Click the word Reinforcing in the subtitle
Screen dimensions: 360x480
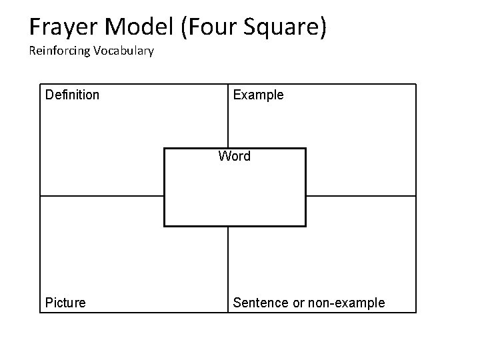pyautogui.click(x=59, y=51)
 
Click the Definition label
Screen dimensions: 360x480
pyautogui.click(x=72, y=95)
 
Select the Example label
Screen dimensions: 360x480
pyautogui.click(x=258, y=95)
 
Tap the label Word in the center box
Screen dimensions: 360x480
pyautogui.click(x=235, y=157)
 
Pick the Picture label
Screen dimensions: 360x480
pyautogui.click(x=65, y=303)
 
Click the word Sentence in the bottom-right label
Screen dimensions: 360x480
pyautogui.click(x=260, y=303)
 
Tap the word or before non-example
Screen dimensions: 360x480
pyautogui.click(x=299, y=303)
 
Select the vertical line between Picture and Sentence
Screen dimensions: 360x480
pyautogui.click(x=229, y=267)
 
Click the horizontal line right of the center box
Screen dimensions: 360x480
pyautogui.click(x=360, y=196)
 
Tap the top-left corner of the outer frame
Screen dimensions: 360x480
pyautogui.click(x=41, y=84)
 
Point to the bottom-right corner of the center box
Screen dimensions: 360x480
pyautogui.click(x=305, y=226)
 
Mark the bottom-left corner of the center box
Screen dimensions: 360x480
pyautogui.click(x=165, y=226)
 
